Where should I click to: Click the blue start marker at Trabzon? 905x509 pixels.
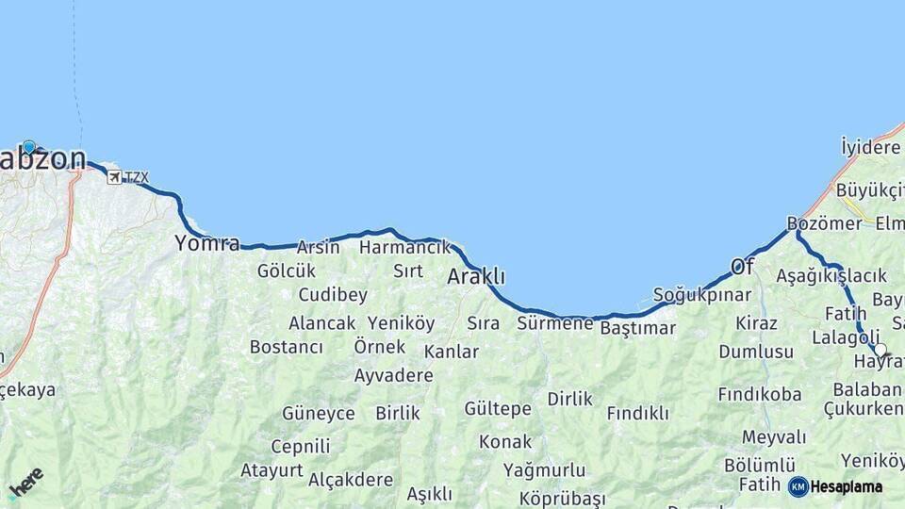click(x=29, y=147)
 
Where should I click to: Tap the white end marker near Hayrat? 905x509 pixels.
click(x=880, y=350)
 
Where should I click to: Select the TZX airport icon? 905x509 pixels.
click(x=114, y=177)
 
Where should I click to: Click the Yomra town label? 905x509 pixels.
click(x=206, y=243)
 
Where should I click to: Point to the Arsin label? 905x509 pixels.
click(x=318, y=247)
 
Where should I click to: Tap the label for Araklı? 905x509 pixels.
click(x=476, y=277)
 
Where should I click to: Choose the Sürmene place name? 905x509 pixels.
click(x=555, y=323)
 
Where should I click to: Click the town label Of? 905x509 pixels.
click(x=743, y=267)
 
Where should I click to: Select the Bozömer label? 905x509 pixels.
click(x=824, y=223)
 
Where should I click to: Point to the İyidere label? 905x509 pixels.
click(x=871, y=147)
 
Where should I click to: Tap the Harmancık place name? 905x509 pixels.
click(x=405, y=247)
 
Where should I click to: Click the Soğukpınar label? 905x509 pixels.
click(x=702, y=294)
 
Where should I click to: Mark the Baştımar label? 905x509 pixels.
click(x=638, y=328)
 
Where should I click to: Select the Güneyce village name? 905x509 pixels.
click(x=319, y=413)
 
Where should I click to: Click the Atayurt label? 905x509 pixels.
click(x=271, y=469)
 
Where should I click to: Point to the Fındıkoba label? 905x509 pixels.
click(x=759, y=394)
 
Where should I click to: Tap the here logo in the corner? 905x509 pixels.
click(x=25, y=483)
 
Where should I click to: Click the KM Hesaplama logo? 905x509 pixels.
click(x=835, y=486)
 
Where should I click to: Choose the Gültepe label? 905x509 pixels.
click(x=498, y=408)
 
